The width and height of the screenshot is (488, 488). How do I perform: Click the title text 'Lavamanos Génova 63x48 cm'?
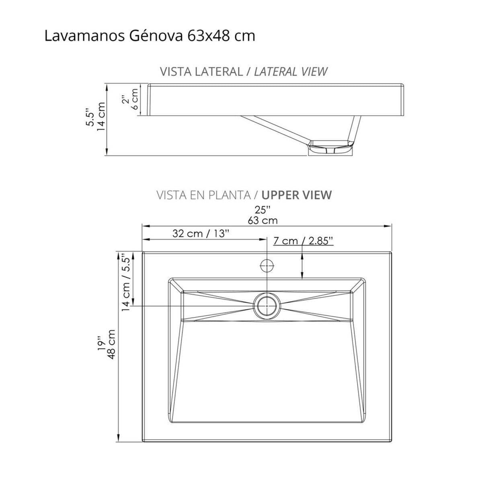coord(150,36)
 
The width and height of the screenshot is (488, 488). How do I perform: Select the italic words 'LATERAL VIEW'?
coord(291,72)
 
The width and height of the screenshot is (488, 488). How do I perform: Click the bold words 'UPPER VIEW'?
coord(297,195)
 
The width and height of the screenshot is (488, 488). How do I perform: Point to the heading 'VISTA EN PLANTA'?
coord(203,195)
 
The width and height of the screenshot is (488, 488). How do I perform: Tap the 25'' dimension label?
coord(262,210)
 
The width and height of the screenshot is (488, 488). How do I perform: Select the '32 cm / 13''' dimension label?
coord(201,234)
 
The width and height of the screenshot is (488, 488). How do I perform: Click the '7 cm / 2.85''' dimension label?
coord(303,241)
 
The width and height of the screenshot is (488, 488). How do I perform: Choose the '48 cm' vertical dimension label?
coord(112,344)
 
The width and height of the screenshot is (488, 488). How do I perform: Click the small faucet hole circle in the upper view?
coord(267,265)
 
